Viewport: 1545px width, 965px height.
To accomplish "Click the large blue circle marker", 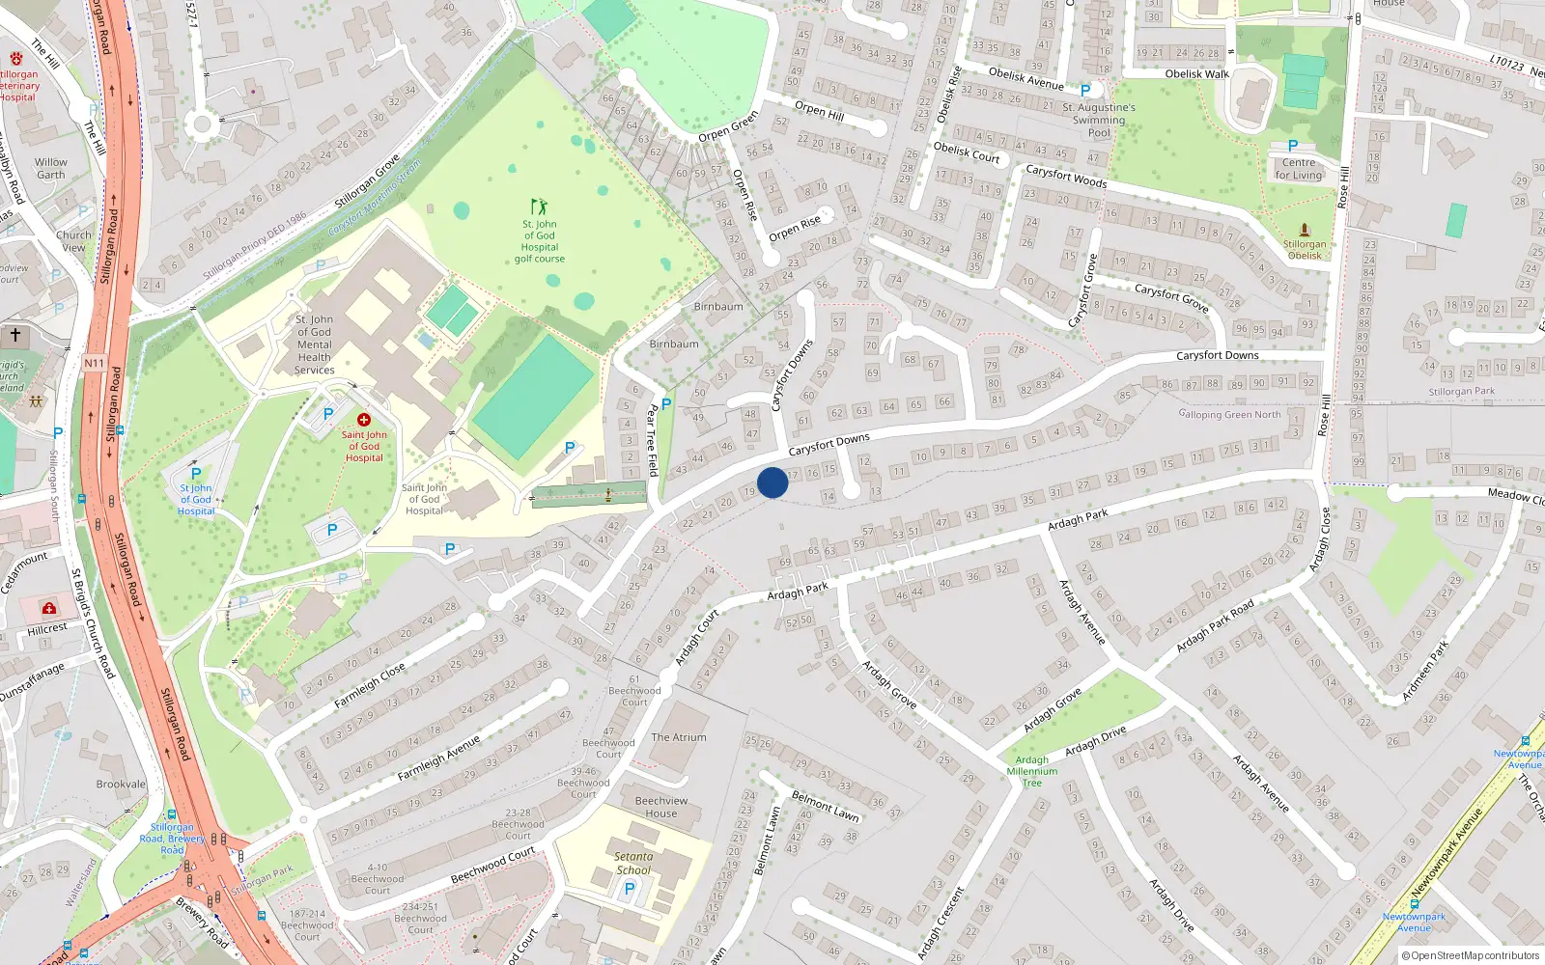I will tap(772, 482).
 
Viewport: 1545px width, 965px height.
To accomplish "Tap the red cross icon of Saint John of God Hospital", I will tap(364, 420).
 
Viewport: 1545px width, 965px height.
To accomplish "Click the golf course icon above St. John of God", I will tap(539, 207).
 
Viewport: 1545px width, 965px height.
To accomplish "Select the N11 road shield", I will tap(94, 364).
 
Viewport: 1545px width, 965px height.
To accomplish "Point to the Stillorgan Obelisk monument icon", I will tap(1305, 230).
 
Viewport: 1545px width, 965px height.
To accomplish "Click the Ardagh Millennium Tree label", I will tap(1032, 771).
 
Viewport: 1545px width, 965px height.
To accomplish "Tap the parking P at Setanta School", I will tap(630, 890).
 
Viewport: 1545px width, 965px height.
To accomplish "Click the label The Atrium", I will tap(679, 737).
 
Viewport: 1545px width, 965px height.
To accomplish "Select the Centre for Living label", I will tap(1299, 169).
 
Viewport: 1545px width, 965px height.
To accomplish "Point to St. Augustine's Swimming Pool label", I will tap(1099, 121).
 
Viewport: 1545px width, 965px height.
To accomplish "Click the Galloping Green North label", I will tap(1229, 415).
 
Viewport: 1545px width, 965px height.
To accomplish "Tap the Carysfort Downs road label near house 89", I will tap(1217, 355).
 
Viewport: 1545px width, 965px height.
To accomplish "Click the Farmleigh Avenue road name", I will tap(439, 758).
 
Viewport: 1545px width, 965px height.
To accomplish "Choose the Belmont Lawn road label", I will tap(826, 805).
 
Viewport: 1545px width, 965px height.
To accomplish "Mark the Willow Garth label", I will tap(51, 169).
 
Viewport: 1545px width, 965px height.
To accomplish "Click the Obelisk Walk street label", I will tap(1196, 74).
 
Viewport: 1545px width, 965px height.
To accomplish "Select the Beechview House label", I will tap(661, 807).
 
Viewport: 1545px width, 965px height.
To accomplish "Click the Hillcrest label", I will tap(47, 628).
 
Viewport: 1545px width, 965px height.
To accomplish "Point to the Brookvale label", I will tap(121, 785).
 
